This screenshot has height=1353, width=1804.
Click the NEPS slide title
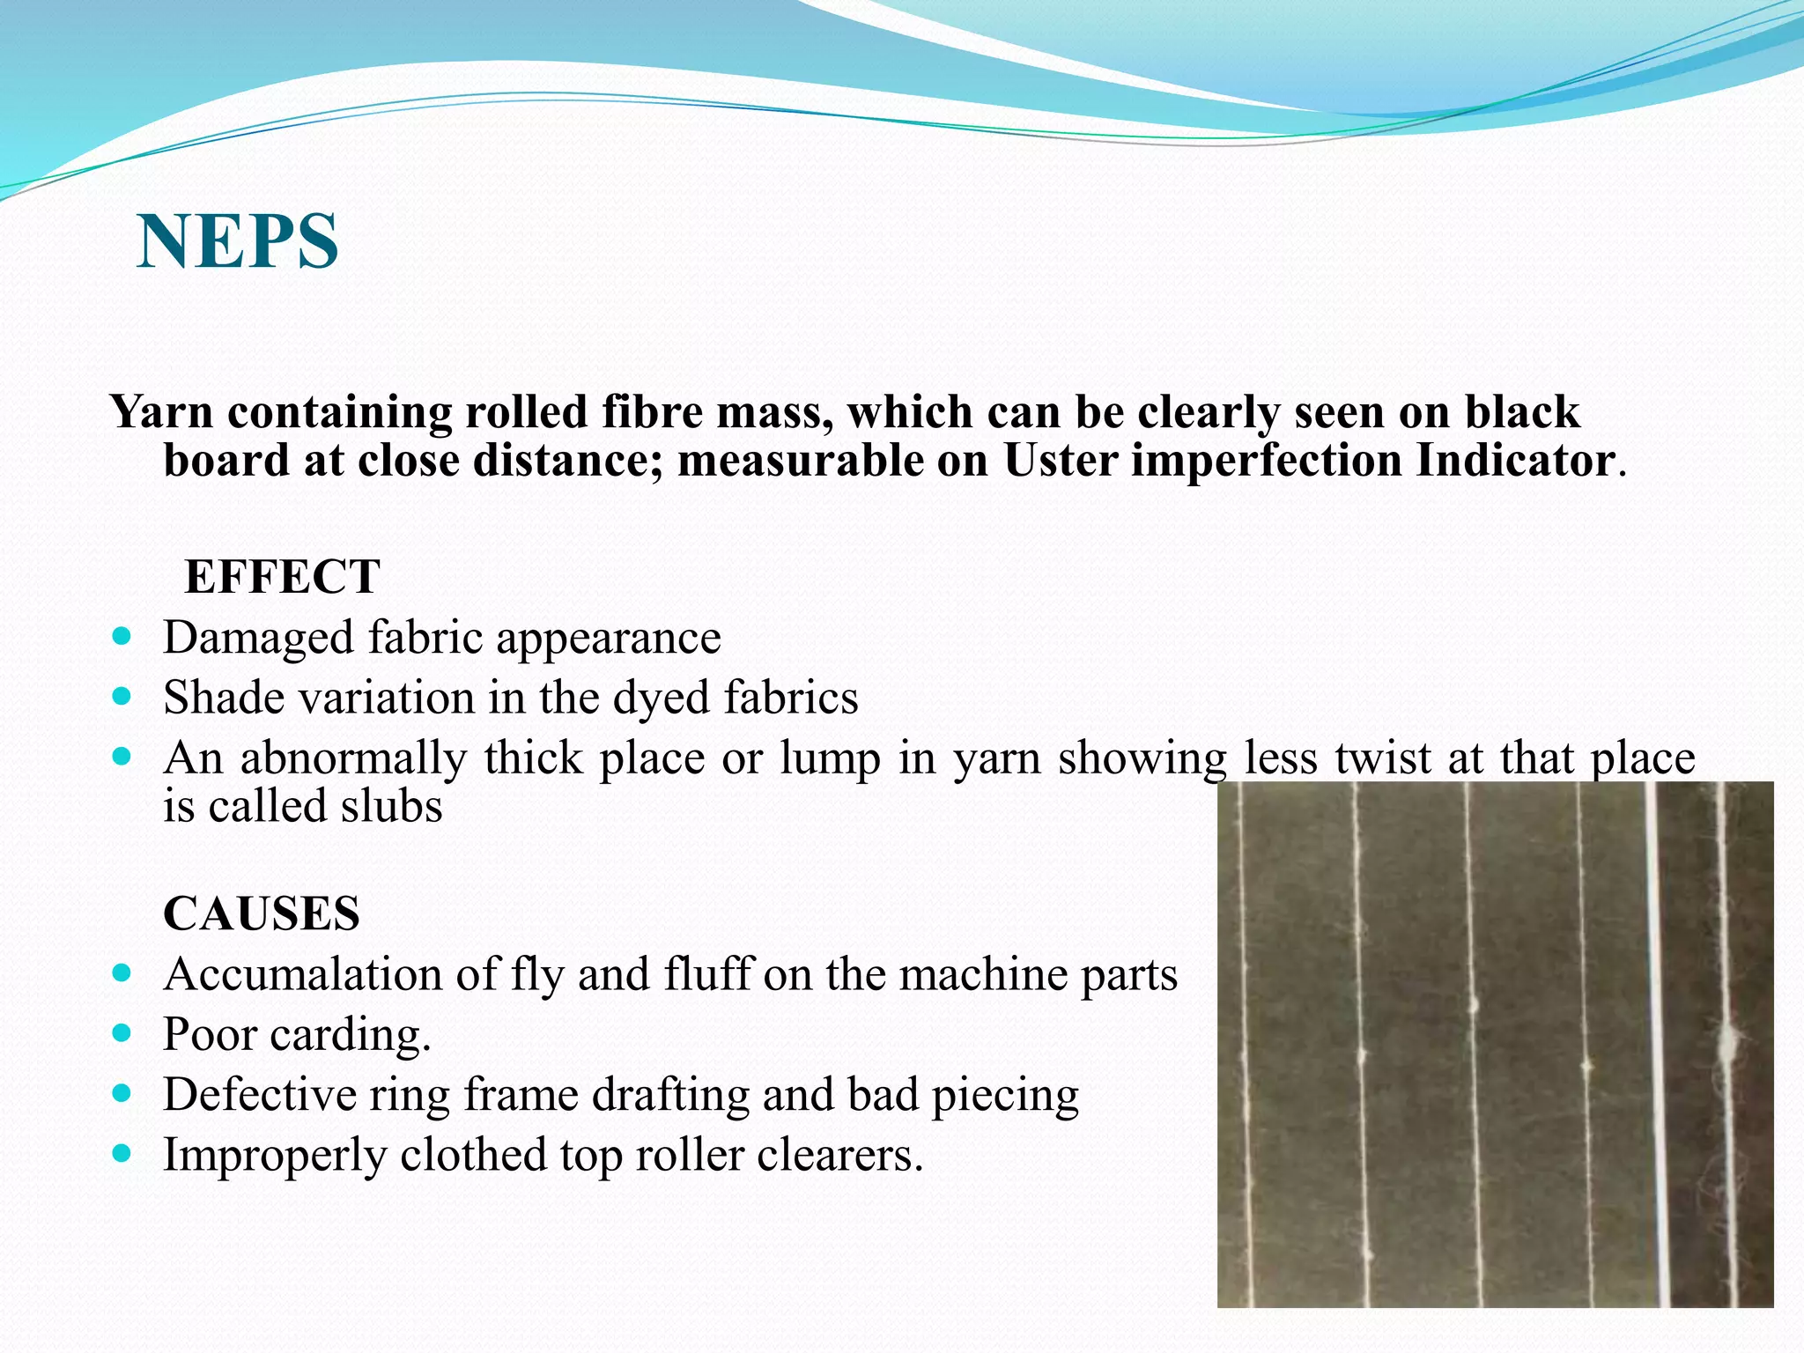pos(238,241)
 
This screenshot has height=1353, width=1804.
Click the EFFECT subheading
pos(282,577)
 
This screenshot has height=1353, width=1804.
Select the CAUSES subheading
pos(262,913)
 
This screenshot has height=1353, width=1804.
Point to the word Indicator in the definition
pos(1515,460)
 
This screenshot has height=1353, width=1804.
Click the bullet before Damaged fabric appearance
pos(122,635)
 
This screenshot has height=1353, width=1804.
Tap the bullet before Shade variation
pos(122,696)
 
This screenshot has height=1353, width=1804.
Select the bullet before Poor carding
pos(122,1032)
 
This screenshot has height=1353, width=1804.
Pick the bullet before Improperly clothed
pos(122,1153)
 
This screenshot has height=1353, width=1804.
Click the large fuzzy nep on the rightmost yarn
pos(1727,1043)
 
